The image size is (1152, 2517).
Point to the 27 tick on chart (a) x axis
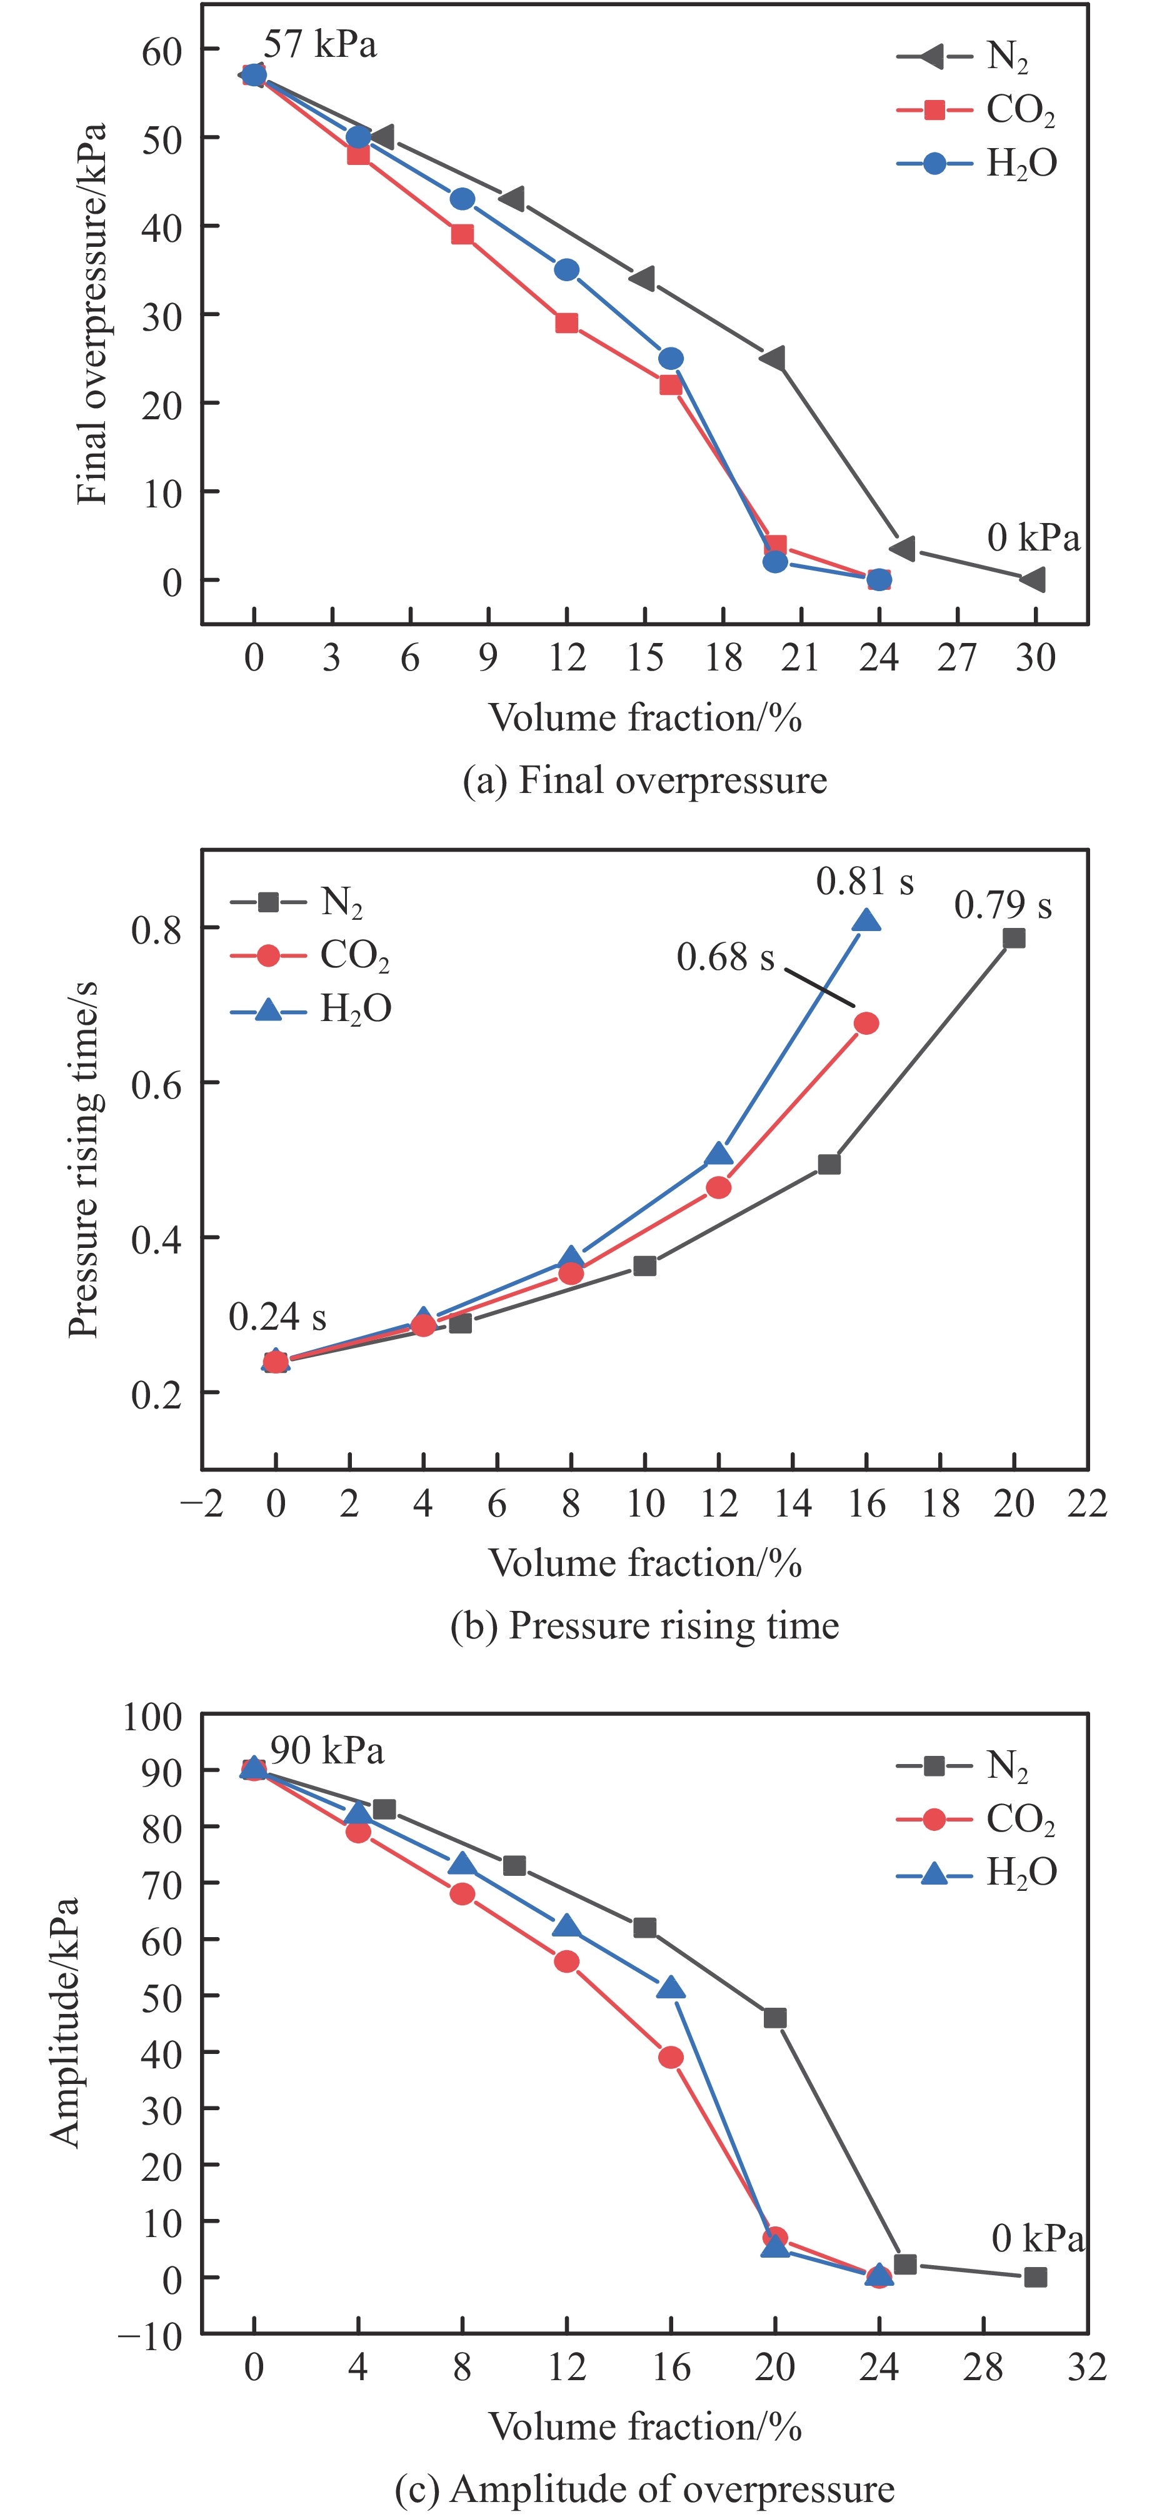(x=956, y=657)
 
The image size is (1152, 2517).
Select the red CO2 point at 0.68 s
(x=866, y=1023)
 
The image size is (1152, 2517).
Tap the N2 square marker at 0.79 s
(x=1014, y=938)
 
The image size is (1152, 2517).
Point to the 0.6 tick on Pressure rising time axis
(x=156, y=1083)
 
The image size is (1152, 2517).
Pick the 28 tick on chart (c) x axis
(x=983, y=2368)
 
